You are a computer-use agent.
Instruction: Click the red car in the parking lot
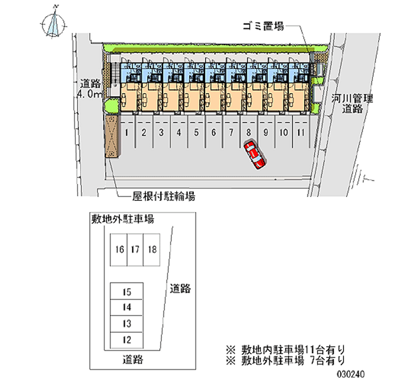pos(255,155)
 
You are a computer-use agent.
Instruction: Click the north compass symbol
pos(54,24)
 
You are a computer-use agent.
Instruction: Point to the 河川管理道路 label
pos(352,104)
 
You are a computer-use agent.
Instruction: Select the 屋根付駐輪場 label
pos(164,197)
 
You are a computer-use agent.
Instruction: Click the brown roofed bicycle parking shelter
pos(112,136)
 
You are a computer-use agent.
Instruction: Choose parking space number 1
pos(127,132)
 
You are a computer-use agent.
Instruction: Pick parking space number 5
pos(196,132)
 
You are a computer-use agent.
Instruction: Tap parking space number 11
pos(301,132)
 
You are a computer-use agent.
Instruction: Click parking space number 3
pos(161,132)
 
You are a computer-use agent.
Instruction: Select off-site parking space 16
pos(119,250)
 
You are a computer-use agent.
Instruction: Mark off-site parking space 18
pos(152,250)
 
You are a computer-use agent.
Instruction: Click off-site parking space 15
pos(127,291)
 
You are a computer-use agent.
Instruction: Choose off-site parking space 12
pos(127,340)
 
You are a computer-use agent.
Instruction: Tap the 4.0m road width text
pos(90,94)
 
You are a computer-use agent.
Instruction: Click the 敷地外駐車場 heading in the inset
pos(123,219)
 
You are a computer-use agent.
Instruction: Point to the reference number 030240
pos(351,374)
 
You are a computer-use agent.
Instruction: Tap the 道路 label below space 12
pos(133,360)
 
